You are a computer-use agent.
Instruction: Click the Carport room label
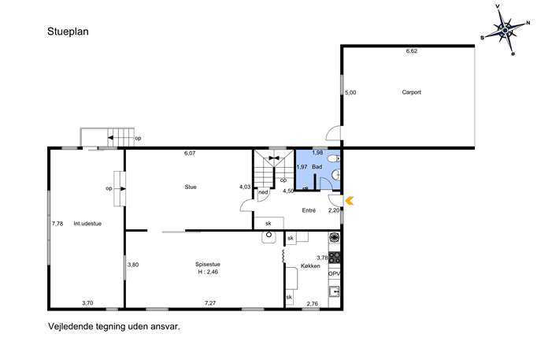click(411, 92)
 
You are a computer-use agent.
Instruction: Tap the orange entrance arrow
click(349, 201)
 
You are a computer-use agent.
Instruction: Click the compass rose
click(505, 31)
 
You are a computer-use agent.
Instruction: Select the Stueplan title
click(68, 32)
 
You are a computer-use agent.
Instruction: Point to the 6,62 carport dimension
click(412, 51)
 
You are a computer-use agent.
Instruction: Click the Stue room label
click(191, 187)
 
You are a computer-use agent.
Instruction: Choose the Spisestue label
click(208, 265)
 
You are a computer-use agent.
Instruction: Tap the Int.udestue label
click(87, 224)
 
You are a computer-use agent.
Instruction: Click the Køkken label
click(310, 266)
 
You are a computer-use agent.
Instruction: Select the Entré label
click(309, 210)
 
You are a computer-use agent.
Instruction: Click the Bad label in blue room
click(317, 167)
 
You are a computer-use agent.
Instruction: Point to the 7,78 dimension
click(57, 224)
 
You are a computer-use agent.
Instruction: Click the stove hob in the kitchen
click(335, 258)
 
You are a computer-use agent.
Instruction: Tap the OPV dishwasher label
click(335, 273)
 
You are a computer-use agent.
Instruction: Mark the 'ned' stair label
click(263, 192)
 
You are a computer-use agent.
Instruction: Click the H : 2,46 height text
click(208, 272)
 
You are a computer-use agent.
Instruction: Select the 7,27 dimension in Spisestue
click(210, 303)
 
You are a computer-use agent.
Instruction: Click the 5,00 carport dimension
click(350, 92)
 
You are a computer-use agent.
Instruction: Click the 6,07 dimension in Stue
click(190, 154)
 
